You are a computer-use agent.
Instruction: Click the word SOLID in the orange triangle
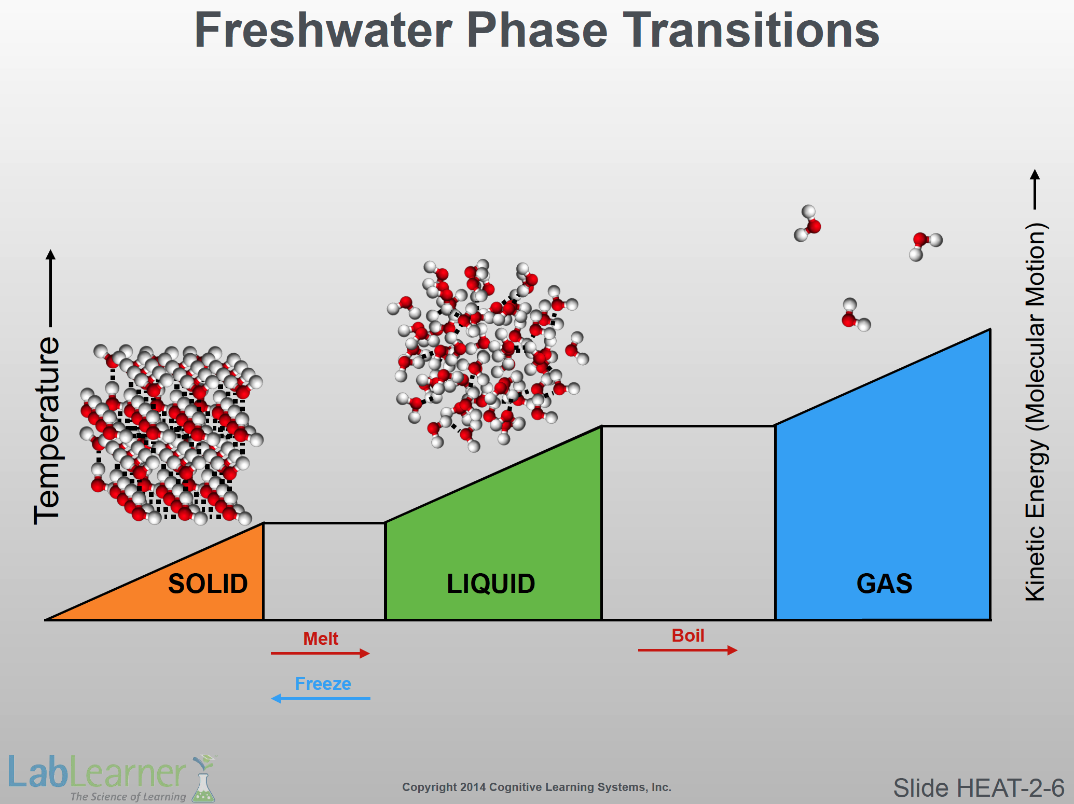pyautogui.click(x=208, y=584)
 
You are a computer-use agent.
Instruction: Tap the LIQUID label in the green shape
pyautogui.click(x=491, y=584)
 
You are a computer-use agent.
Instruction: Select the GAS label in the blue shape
pyautogui.click(x=884, y=584)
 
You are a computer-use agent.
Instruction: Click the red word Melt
pyautogui.click(x=321, y=639)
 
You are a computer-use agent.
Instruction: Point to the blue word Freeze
pyautogui.click(x=323, y=684)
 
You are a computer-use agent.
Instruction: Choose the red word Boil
pyautogui.click(x=688, y=635)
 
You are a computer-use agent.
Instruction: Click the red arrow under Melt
pyautogui.click(x=320, y=653)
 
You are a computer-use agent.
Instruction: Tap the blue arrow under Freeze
pyautogui.click(x=321, y=698)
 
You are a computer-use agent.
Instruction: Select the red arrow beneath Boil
pyautogui.click(x=687, y=650)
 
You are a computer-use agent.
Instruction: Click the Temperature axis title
pyautogui.click(x=47, y=431)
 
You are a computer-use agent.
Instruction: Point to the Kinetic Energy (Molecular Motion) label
pyautogui.click(x=1036, y=412)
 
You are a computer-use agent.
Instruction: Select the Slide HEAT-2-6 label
pyautogui.click(x=979, y=788)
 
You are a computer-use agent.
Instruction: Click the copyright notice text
pyautogui.click(x=536, y=787)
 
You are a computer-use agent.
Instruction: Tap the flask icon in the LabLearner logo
pyautogui.click(x=203, y=779)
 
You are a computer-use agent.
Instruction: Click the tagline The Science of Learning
pyautogui.click(x=128, y=796)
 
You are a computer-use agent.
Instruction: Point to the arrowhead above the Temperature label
pyautogui.click(x=50, y=255)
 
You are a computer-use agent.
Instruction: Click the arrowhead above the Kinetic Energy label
pyautogui.click(x=1035, y=175)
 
